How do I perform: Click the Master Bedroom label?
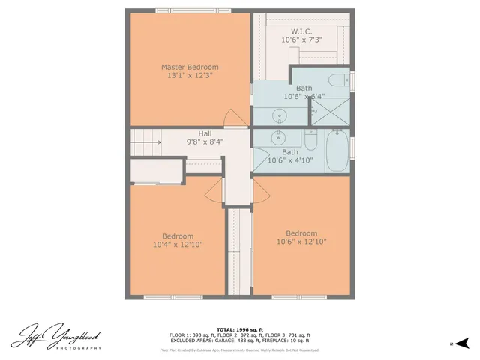click(190, 67)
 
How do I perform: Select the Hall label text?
click(205, 133)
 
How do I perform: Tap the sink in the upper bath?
click(279, 115)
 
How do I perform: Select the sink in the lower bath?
click(279, 136)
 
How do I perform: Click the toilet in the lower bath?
click(310, 139)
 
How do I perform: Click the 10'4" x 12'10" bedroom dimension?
click(178, 244)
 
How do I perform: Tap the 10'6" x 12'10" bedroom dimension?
click(301, 241)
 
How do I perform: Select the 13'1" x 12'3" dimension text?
click(190, 76)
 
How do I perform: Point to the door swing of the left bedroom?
click(214, 192)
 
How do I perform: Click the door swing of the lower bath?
click(258, 161)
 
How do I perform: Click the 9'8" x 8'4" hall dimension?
click(205, 142)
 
